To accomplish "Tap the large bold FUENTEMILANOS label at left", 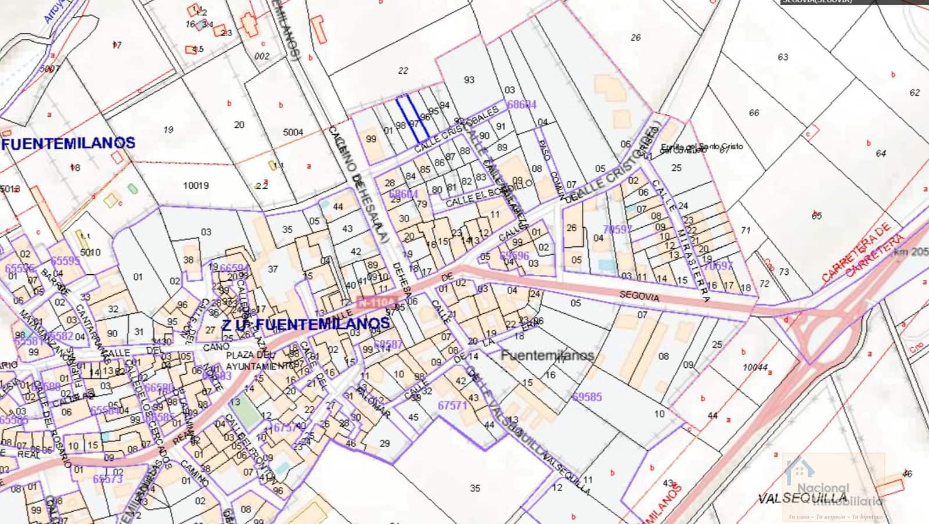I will [x=69, y=143].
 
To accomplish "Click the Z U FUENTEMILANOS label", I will [x=305, y=324].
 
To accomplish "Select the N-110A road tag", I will [x=376, y=303].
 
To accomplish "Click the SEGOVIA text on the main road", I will [x=639, y=296].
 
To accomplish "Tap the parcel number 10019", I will [x=196, y=186].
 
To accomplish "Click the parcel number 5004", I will [x=293, y=132].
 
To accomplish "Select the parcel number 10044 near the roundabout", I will [x=755, y=368].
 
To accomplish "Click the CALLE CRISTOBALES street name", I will [x=457, y=130].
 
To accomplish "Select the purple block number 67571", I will [x=452, y=405].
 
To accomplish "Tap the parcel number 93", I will [x=469, y=80].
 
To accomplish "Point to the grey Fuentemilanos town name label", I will [x=547, y=355].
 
